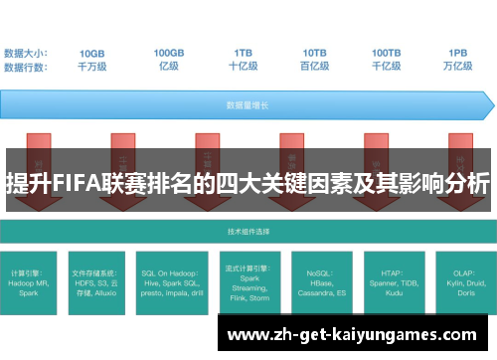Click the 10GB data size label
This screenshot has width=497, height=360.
point(92,52)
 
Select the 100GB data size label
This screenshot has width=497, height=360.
point(168,52)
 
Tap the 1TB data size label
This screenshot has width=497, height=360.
point(244,52)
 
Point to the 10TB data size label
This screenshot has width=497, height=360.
point(315,52)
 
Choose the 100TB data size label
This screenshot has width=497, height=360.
point(387,52)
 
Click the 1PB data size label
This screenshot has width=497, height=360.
point(458,52)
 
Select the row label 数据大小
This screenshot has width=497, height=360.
point(28,52)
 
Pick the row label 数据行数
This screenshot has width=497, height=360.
point(28,66)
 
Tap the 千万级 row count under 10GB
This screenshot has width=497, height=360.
point(92,66)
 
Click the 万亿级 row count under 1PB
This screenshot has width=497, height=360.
point(458,66)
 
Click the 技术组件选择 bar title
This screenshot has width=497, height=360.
point(248,231)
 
